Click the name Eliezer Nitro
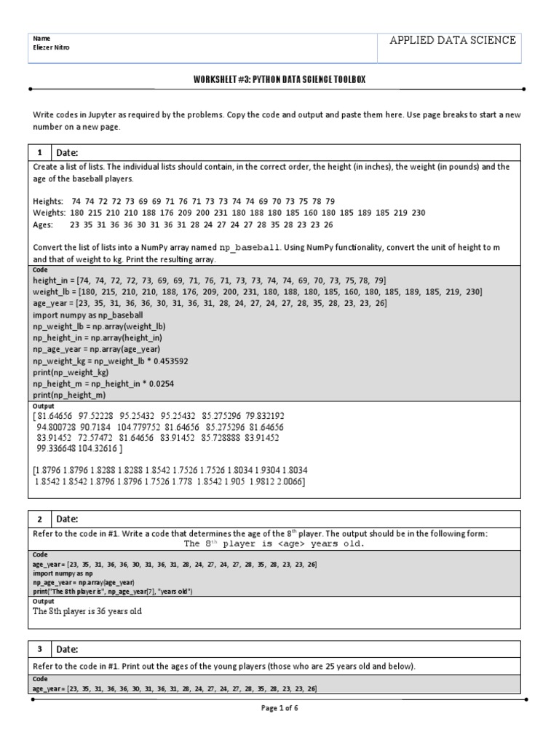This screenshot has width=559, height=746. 52,48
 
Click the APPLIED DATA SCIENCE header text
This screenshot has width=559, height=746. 453,40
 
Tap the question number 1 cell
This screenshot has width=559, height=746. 39,152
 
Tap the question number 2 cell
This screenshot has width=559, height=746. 39,519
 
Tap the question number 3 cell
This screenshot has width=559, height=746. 39,649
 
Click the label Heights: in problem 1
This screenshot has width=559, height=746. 48,200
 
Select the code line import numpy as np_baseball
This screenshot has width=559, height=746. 88,315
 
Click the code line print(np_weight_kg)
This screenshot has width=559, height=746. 70,372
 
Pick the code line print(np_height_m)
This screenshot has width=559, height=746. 69,395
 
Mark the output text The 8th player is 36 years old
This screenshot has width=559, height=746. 87,611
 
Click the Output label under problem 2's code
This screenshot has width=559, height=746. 44,601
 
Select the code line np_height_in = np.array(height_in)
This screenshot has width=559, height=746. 96,338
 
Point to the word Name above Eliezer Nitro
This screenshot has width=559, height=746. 41,37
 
